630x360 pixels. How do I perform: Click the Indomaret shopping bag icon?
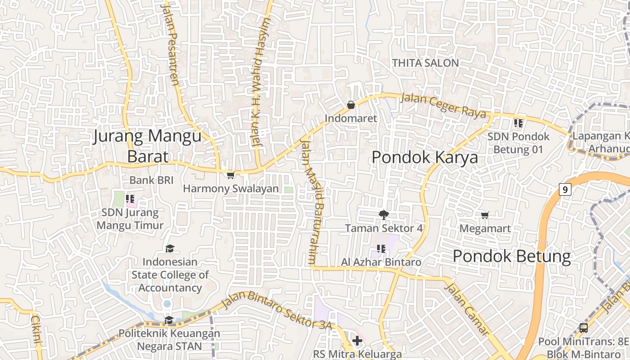coord(351,105)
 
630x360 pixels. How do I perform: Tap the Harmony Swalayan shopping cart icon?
coord(230,175)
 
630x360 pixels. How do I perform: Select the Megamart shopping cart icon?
coord(485,215)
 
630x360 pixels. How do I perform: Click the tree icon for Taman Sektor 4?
coord(383,215)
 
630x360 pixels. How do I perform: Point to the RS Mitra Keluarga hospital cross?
coord(357,341)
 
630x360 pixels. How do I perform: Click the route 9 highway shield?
coord(565,189)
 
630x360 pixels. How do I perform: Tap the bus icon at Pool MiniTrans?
coord(584,328)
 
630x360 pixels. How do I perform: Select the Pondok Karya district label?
coord(424,157)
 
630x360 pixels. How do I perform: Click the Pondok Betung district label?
coord(512,256)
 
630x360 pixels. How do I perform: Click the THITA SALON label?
coord(425,63)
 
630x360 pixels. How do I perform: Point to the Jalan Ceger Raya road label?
coord(443,105)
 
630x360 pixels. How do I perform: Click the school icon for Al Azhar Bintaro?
coord(381,248)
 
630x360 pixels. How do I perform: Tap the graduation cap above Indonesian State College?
coord(170,248)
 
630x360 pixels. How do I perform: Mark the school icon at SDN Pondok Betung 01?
coord(518,122)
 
